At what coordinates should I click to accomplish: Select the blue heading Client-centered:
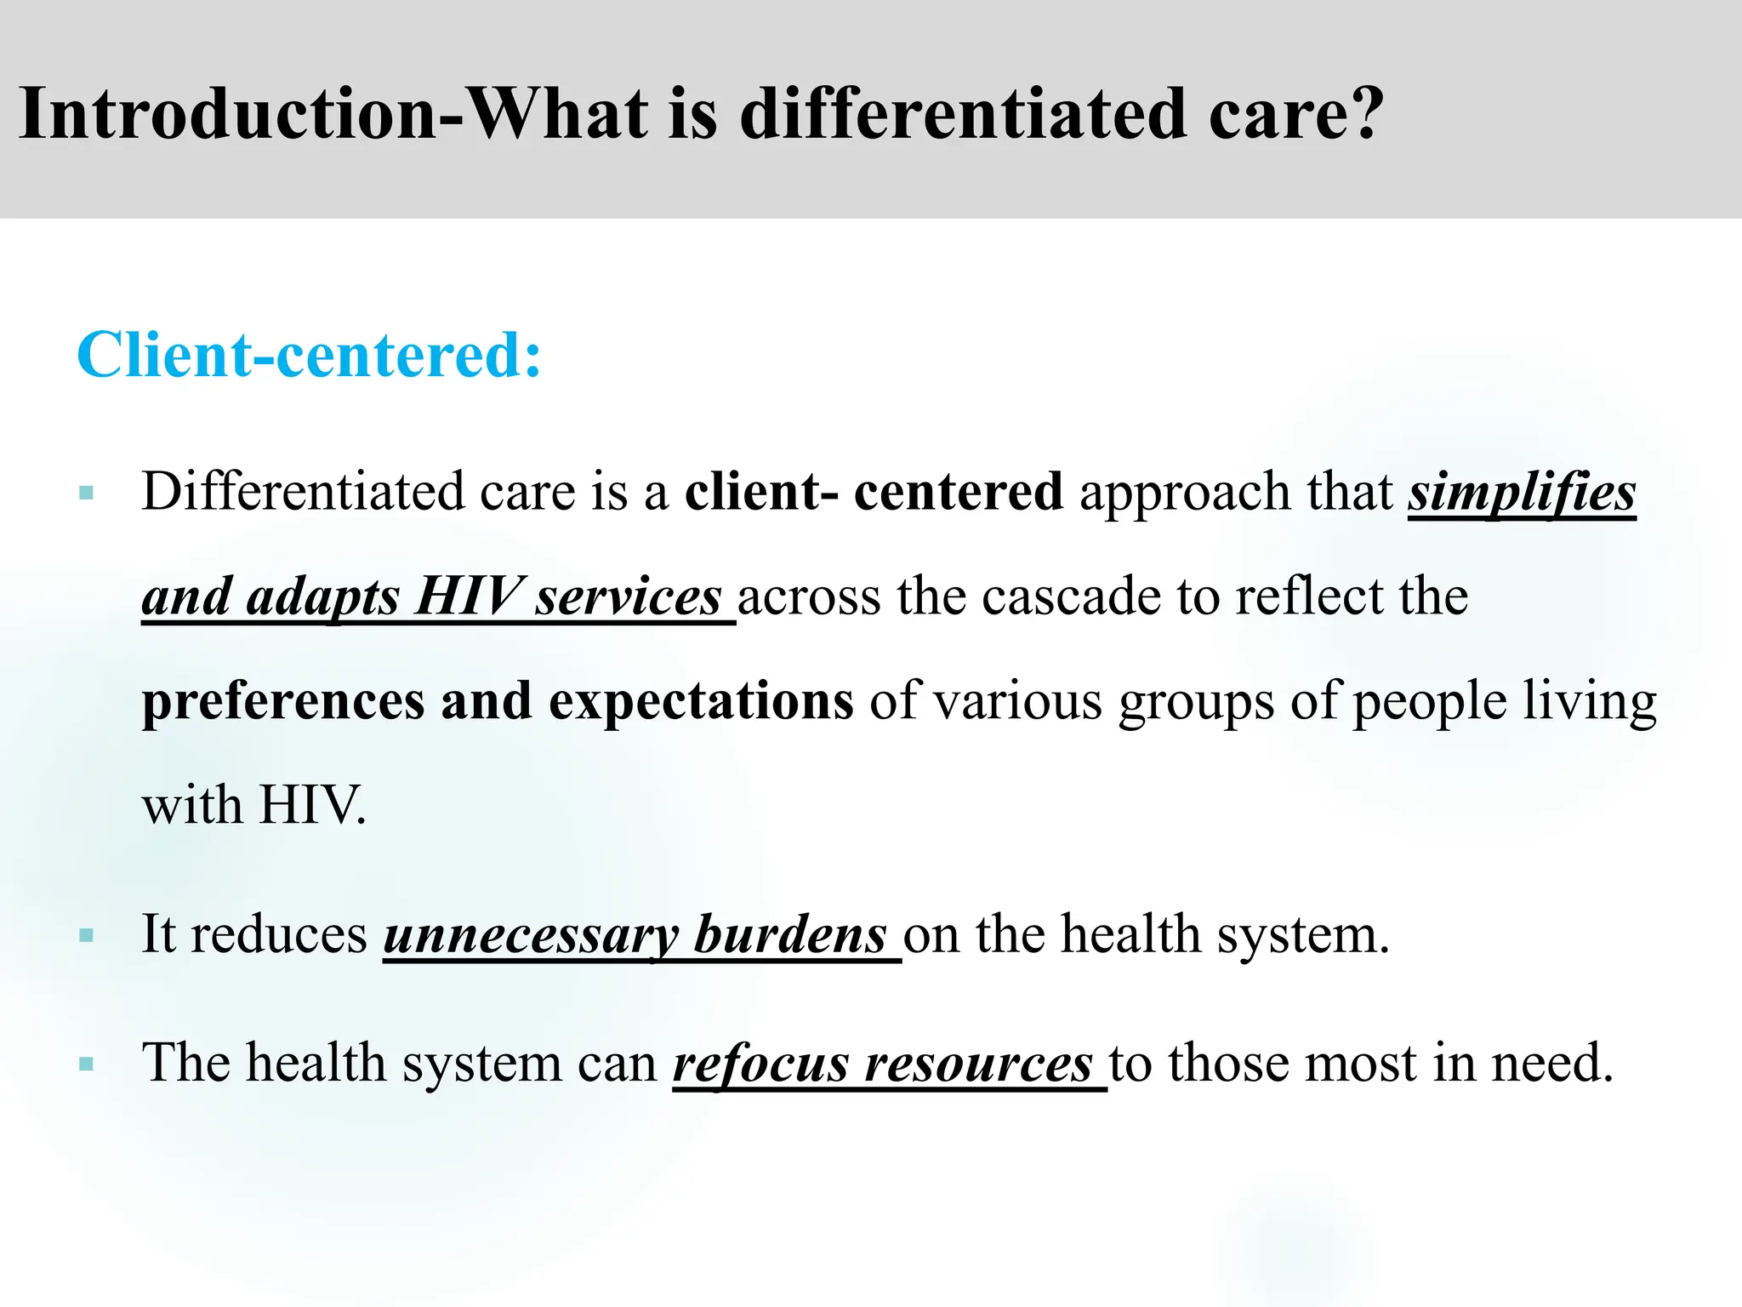(x=309, y=355)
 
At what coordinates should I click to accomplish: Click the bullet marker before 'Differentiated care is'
(x=85, y=493)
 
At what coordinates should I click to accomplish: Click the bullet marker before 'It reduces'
(x=85, y=936)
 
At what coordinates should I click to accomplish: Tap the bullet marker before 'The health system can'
(x=85, y=1064)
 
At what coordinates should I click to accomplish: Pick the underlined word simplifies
(x=1521, y=494)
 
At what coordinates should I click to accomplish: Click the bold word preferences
(x=283, y=702)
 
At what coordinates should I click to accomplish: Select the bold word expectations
(x=701, y=702)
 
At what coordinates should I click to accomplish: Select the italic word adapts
(x=322, y=597)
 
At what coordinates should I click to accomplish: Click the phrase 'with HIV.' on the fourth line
(x=253, y=805)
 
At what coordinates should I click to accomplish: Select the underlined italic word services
(x=628, y=597)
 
